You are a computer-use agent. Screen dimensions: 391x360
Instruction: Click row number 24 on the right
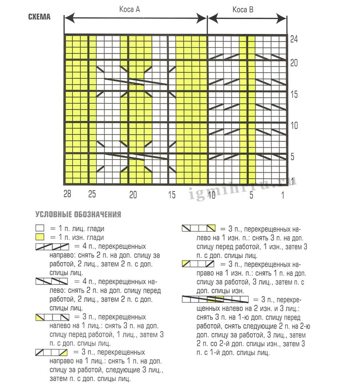[x=294, y=40]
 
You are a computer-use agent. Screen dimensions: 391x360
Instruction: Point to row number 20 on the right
[x=294, y=63]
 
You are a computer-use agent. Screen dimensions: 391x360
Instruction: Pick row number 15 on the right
[x=294, y=94]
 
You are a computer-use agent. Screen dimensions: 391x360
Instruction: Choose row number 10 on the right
[x=294, y=126]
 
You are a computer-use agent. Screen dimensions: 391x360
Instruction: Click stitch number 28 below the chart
[x=67, y=195]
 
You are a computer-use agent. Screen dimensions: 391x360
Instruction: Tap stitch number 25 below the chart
[x=92, y=195]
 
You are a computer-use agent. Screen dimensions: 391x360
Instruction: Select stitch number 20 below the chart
[x=132, y=195]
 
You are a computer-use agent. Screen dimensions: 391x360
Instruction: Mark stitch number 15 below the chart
[x=172, y=195]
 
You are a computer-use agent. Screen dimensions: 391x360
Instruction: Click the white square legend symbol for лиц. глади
[x=39, y=228]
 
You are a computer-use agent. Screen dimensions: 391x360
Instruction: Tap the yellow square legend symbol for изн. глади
[x=39, y=237]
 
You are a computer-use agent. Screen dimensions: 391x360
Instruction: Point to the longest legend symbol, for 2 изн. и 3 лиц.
[x=215, y=299]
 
